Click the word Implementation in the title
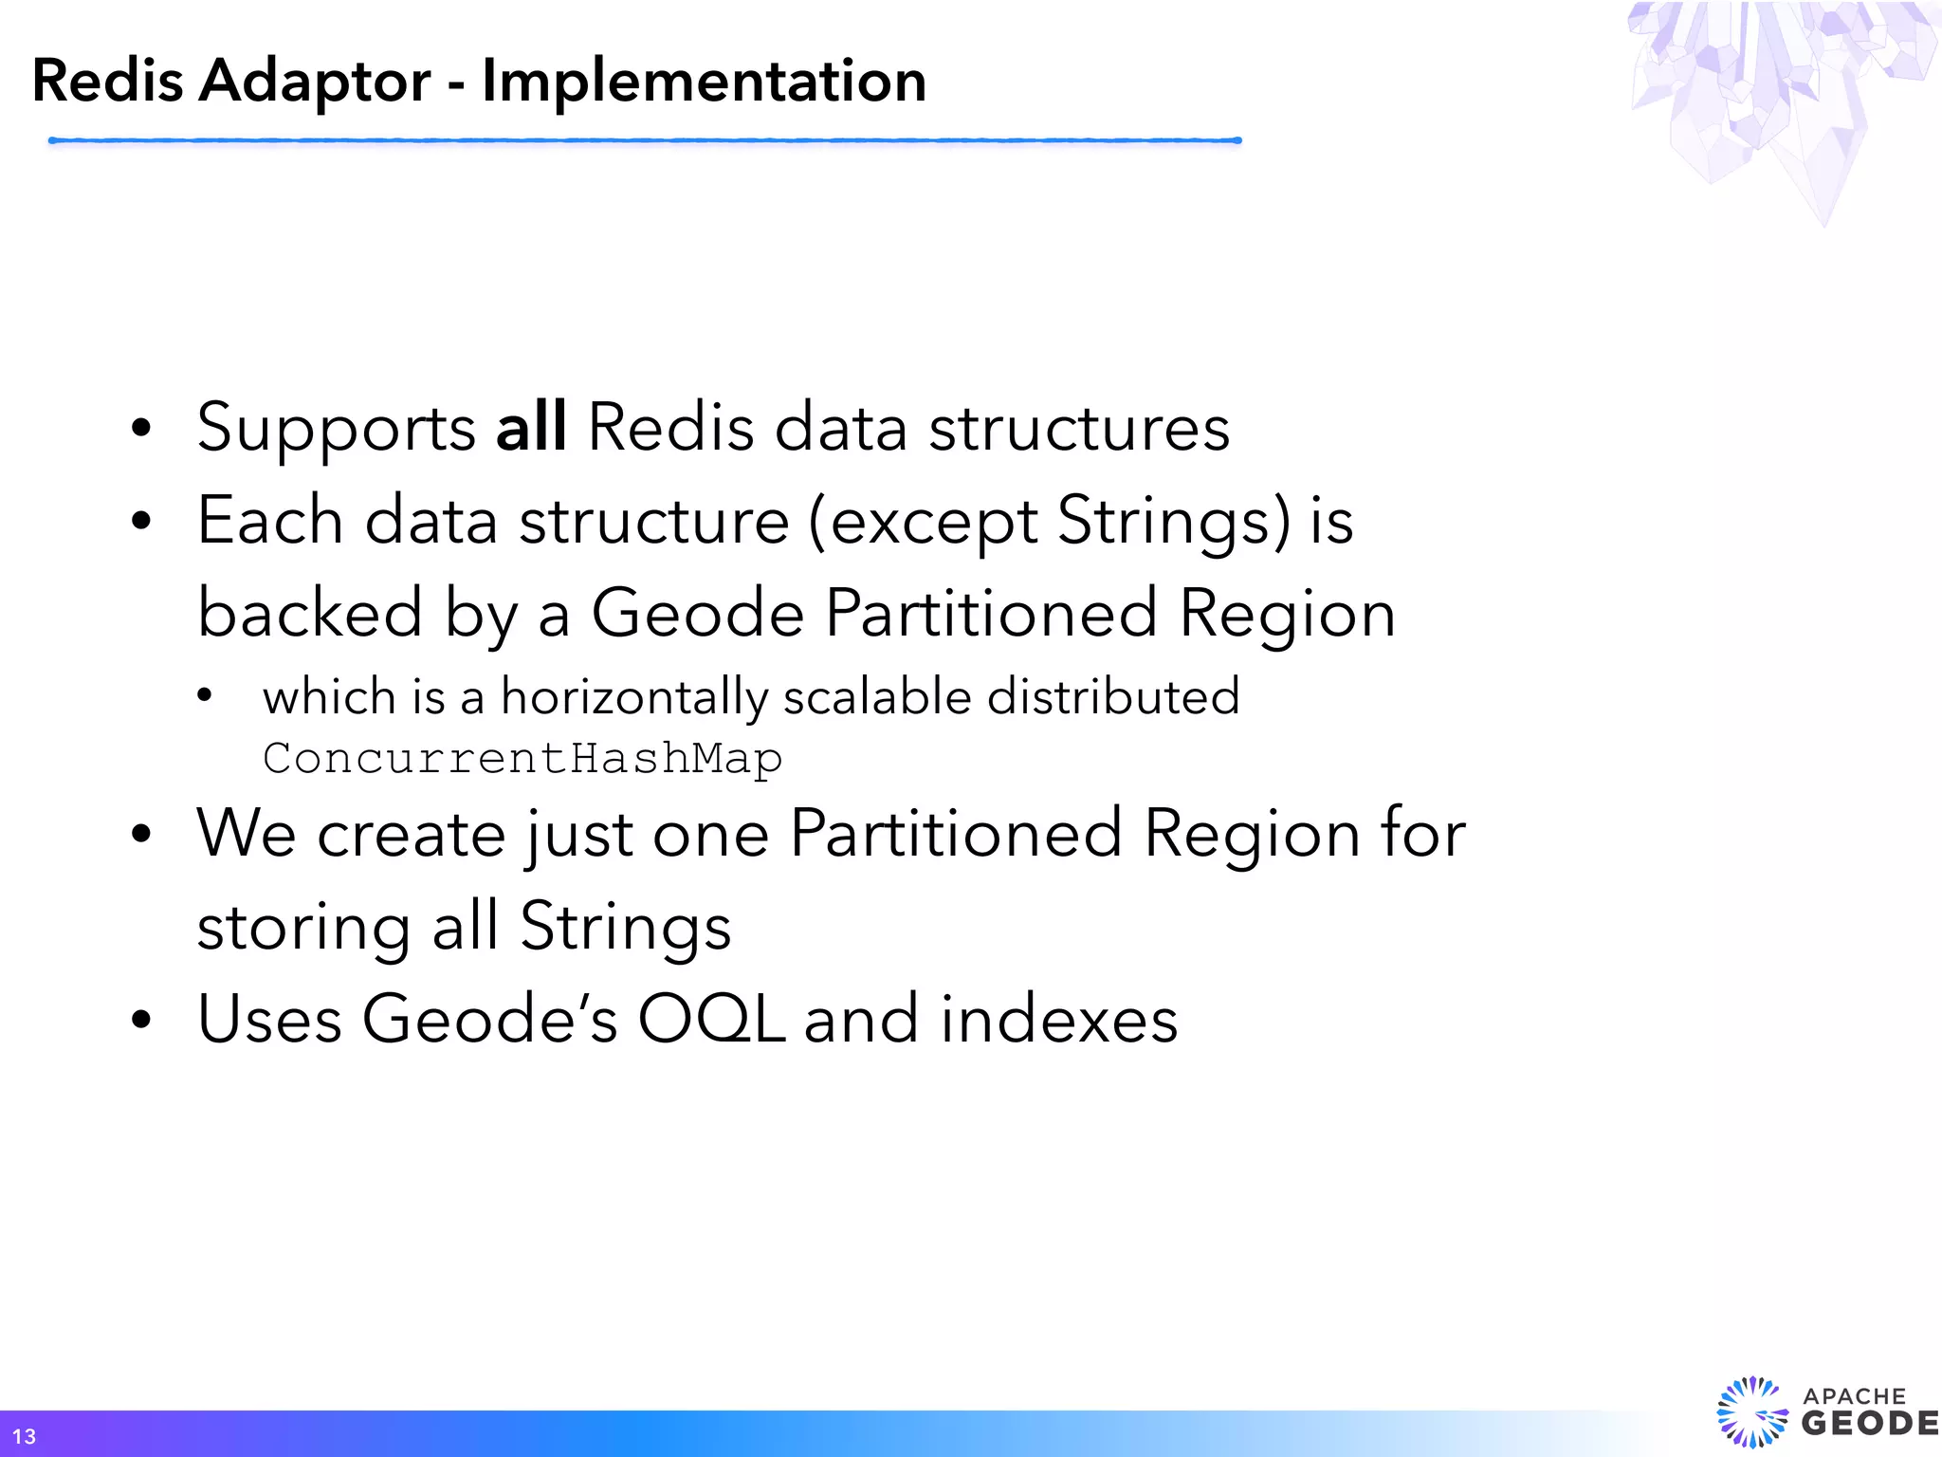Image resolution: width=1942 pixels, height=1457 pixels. coord(704,82)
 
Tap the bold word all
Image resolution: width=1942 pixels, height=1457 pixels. coord(531,428)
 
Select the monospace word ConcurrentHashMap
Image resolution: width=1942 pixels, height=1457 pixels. coord(522,758)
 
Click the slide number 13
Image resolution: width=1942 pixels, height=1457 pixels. coord(24,1436)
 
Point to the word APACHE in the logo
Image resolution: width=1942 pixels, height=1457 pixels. coord(1854,1396)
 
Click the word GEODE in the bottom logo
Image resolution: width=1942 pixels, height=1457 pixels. coord(1868,1424)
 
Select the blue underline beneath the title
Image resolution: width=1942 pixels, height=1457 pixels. coord(645,140)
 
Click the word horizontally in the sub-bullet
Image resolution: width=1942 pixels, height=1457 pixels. coord(633,698)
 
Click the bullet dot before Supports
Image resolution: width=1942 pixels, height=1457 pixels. coord(141,429)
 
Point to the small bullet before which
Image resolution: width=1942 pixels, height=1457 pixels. coord(204,696)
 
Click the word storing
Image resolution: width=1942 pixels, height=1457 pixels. coord(303,928)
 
